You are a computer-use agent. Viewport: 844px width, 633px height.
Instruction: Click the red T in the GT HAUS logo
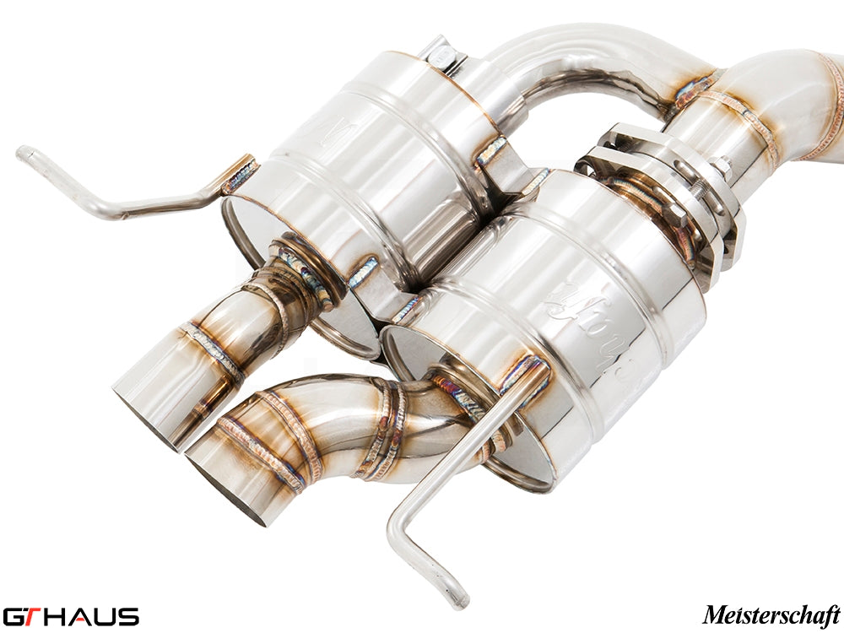click(x=35, y=616)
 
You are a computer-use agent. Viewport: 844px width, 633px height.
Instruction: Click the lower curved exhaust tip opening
click(x=225, y=490)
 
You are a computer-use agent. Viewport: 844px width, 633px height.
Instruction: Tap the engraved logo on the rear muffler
click(x=338, y=127)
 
